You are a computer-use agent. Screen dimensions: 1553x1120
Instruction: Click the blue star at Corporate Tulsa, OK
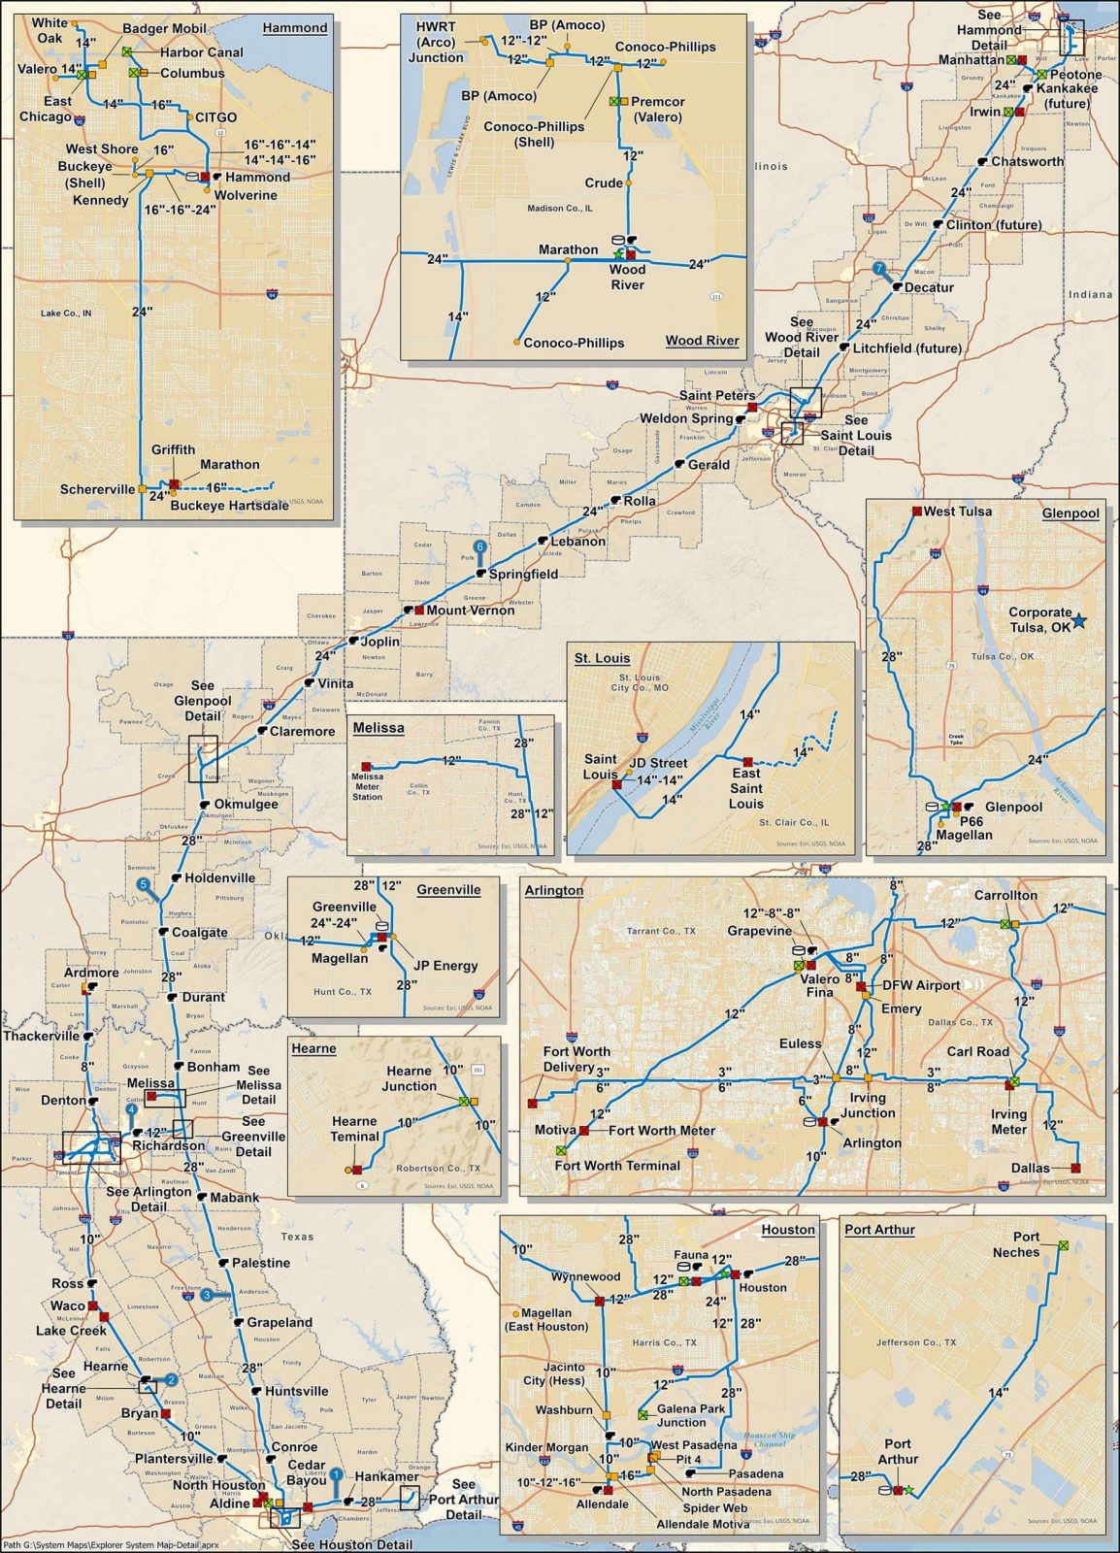coord(1079,620)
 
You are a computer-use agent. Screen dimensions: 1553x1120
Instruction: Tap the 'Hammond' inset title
coord(295,27)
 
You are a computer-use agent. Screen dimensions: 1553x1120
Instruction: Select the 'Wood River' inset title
coord(702,341)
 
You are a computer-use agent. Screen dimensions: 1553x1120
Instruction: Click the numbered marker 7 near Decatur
coord(879,268)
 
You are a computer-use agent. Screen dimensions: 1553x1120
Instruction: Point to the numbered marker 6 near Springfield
coord(478,547)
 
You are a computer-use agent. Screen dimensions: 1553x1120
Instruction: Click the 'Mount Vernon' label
coord(471,611)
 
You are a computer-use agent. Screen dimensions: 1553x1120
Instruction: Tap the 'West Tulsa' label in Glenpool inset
coord(958,512)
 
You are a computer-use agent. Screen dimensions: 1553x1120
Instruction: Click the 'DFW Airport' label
coord(920,985)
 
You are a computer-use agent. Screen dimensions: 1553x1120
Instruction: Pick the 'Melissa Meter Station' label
coord(367,786)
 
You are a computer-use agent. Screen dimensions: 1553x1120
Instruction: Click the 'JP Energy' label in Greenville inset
coord(445,966)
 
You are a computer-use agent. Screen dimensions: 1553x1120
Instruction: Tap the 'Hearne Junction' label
coord(409,1078)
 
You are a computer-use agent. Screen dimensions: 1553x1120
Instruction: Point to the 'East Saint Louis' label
coord(745,788)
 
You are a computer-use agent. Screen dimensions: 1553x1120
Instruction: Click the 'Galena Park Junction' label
coord(689,1415)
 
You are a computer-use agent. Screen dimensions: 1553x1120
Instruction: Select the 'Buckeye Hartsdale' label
coord(229,505)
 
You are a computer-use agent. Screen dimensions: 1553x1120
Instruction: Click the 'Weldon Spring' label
coord(685,418)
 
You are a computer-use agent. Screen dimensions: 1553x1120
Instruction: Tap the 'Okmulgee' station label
coord(246,804)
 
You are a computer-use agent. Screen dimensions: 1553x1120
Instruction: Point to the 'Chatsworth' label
coord(1027,161)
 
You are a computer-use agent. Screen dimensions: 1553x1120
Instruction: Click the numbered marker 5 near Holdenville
coord(144,885)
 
